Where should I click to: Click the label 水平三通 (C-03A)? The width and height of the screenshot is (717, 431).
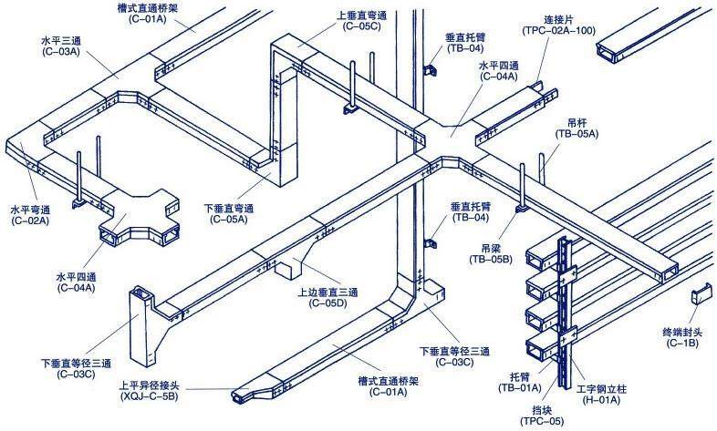(61, 46)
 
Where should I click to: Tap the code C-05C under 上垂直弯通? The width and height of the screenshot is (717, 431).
(361, 26)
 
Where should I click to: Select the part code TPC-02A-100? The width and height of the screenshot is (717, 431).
(559, 31)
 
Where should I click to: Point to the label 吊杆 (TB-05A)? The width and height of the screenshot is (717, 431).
(577, 128)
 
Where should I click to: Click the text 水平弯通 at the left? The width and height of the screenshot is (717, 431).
(30, 210)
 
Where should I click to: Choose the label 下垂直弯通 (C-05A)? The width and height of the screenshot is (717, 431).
(229, 213)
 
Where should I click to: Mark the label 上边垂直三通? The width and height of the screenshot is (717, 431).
(327, 292)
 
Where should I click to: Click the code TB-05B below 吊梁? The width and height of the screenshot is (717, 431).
(491, 260)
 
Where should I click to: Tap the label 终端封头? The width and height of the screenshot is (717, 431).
(682, 333)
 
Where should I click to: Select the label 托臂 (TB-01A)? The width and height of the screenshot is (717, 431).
(520, 383)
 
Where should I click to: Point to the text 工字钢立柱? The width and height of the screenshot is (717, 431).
(601, 389)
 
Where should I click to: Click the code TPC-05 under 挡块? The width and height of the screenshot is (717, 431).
(542, 421)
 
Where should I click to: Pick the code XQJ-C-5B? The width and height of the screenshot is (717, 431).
(149, 396)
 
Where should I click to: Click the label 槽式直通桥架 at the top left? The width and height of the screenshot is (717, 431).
(147, 8)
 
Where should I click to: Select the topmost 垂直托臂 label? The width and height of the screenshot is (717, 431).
(465, 43)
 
